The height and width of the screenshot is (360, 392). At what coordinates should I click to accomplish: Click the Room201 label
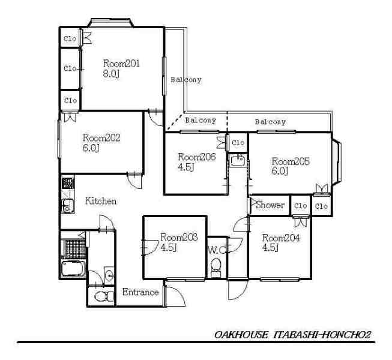121,64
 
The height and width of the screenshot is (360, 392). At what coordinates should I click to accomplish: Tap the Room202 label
101,137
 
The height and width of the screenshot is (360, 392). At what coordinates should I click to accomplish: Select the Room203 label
179,237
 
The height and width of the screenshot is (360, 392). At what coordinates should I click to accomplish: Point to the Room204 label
281,238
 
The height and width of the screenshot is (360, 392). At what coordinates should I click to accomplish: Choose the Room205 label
291,161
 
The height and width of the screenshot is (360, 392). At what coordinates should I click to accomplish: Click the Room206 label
197,157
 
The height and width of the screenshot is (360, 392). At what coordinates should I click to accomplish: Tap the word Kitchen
101,201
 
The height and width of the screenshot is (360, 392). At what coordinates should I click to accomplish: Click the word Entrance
140,292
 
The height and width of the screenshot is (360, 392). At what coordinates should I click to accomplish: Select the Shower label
270,205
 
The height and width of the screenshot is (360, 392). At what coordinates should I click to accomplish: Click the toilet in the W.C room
216,267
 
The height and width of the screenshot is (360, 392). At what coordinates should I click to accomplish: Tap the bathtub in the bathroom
73,268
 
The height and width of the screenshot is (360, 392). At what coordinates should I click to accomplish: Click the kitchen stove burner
67,184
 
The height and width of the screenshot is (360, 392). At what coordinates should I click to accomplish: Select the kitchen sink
68,205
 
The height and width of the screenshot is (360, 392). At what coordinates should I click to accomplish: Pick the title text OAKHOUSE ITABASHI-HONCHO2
292,335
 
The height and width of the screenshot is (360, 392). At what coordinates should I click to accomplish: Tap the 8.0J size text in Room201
111,74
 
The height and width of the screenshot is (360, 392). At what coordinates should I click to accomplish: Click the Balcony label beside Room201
185,80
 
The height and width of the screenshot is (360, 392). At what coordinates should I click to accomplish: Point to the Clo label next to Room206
238,143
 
